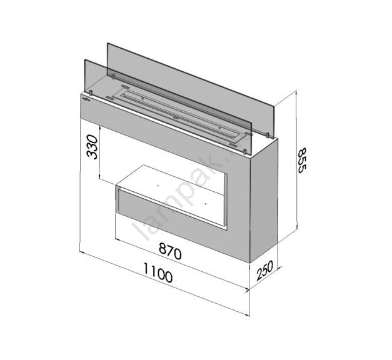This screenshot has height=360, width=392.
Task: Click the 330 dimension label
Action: [92, 147]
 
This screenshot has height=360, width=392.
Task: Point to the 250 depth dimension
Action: [264, 271]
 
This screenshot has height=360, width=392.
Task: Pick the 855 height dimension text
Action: [302, 161]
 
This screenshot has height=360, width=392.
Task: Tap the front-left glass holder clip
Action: [91, 92]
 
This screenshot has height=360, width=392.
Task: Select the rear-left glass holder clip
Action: [113, 76]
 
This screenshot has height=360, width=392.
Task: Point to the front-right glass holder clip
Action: [245, 151]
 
